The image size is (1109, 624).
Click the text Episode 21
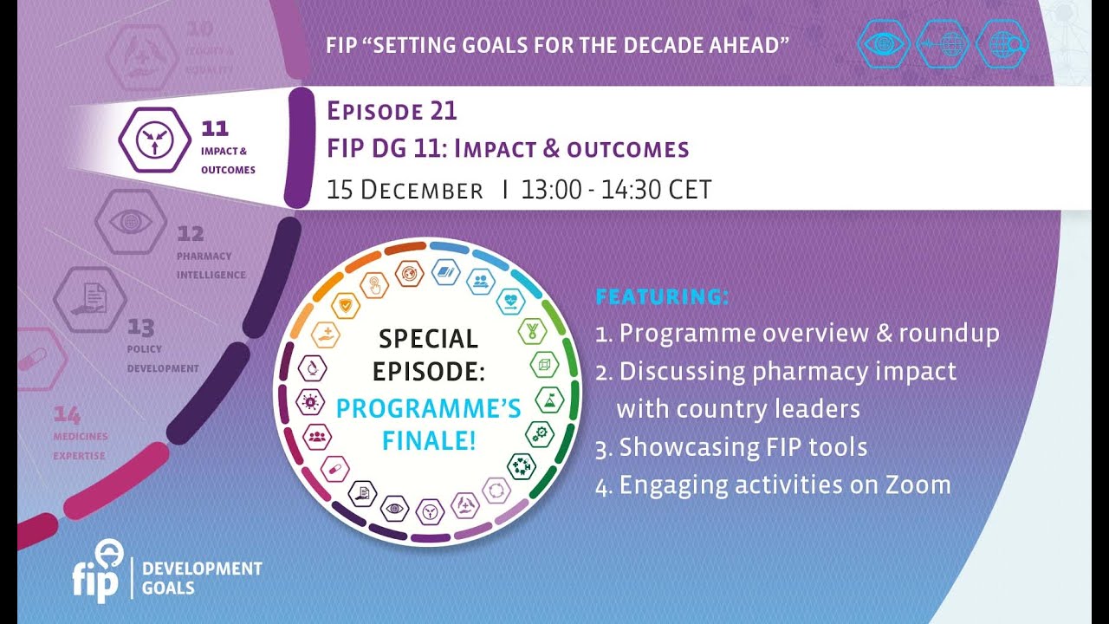point(392,112)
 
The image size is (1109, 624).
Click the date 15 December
point(405,190)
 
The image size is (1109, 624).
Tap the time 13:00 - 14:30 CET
point(616,190)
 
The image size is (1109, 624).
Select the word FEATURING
point(662,297)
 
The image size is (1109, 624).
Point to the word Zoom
point(918,484)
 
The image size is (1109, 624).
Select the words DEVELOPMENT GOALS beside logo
point(201,578)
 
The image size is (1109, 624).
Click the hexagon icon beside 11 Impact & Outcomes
point(154,140)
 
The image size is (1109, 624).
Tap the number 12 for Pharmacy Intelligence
point(190,234)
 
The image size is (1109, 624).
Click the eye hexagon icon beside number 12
point(131,221)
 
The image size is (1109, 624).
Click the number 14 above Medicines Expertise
point(67,413)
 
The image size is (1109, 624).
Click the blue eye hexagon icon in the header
point(884,43)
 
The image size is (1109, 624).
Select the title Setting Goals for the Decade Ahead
point(557,45)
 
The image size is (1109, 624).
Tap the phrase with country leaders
point(738,409)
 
